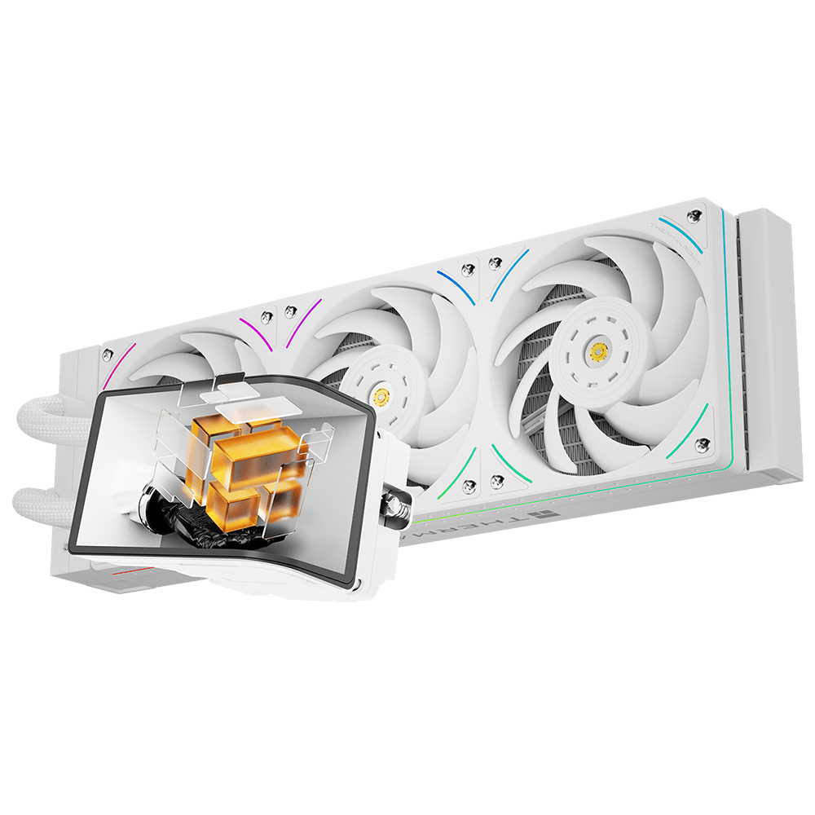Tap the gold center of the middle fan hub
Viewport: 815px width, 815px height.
pyautogui.click(x=379, y=397)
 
